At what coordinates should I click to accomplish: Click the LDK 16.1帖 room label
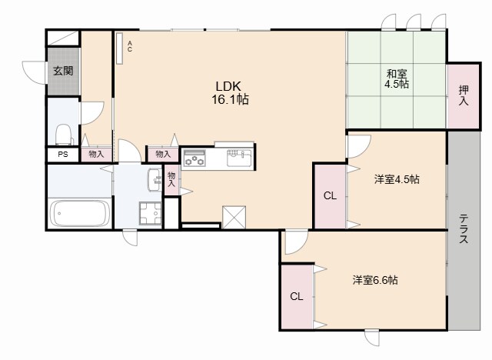click(x=231, y=92)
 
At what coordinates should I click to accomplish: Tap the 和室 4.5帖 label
click(x=397, y=79)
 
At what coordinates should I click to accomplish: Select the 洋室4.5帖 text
click(x=397, y=179)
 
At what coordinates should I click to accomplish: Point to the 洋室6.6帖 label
click(x=375, y=280)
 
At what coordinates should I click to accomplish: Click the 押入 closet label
click(x=464, y=95)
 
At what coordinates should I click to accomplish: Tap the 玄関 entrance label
click(x=63, y=71)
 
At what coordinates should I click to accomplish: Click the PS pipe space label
click(x=61, y=154)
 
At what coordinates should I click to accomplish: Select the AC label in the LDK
click(x=130, y=46)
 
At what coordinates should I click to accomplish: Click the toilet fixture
click(x=64, y=135)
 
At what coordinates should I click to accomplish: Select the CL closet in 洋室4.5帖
click(x=329, y=195)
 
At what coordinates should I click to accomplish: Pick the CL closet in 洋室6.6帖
click(x=296, y=296)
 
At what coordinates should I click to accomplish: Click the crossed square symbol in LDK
click(x=233, y=216)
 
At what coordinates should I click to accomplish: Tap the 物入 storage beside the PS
click(x=96, y=154)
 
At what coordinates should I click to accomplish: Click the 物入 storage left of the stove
click(x=162, y=154)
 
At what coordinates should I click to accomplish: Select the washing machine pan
click(x=150, y=213)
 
